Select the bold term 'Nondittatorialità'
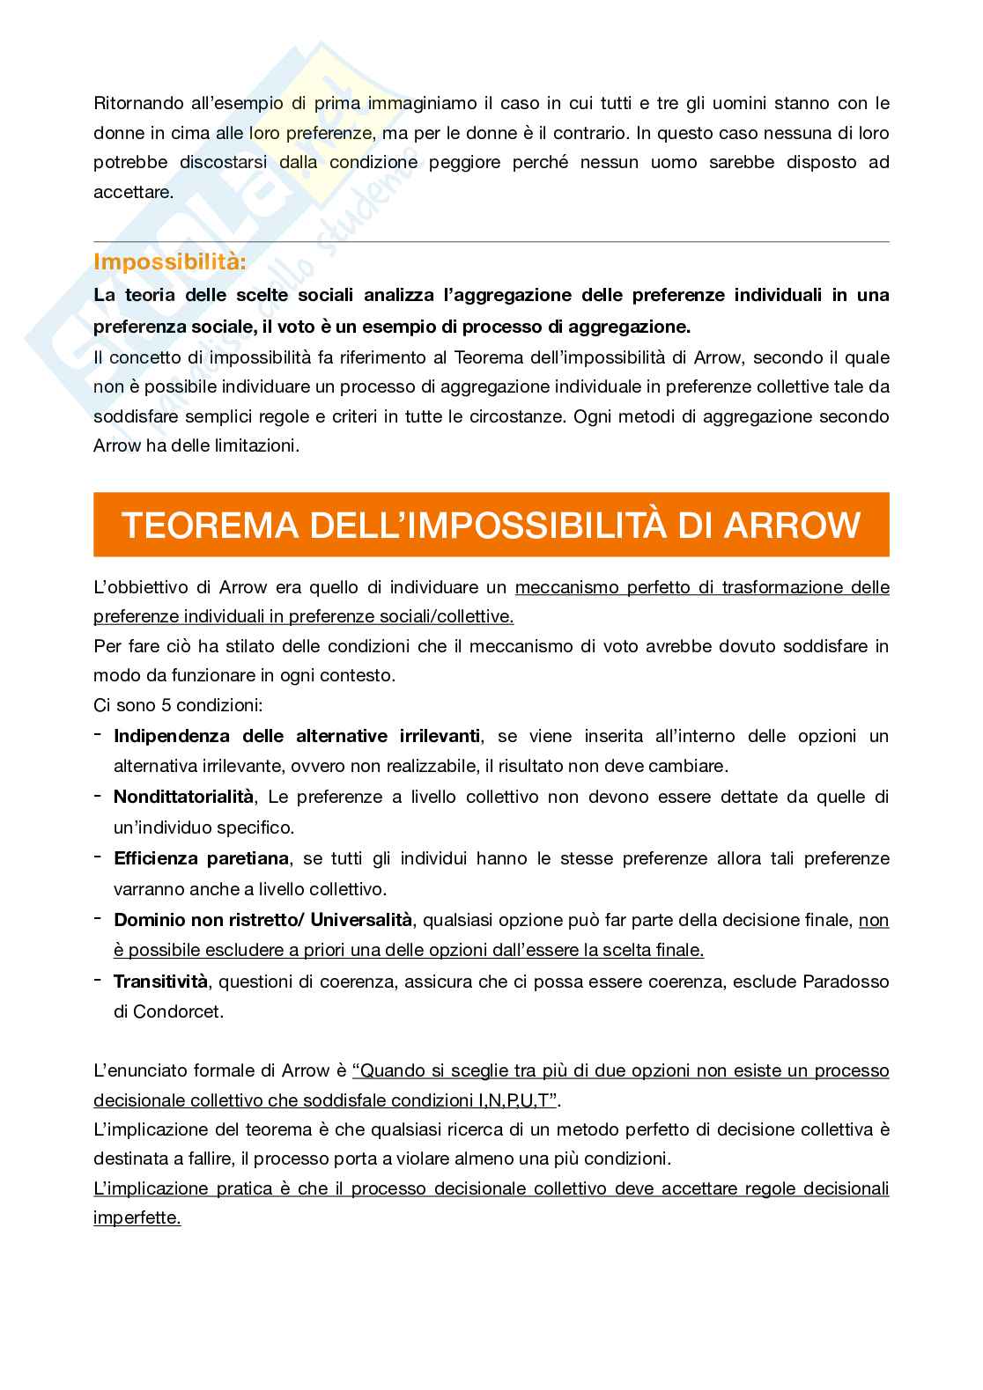[x=183, y=797]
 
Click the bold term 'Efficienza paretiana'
[x=201, y=858]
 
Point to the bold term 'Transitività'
[x=160, y=981]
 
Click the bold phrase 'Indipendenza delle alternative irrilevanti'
[x=297, y=735]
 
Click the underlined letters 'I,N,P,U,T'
[x=514, y=1099]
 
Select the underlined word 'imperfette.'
[x=137, y=1218]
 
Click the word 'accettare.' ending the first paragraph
[x=133, y=192]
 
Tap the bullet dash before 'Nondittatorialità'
[x=99, y=796]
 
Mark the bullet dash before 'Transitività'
[x=99, y=980]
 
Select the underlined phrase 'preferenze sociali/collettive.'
[x=304, y=616]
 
